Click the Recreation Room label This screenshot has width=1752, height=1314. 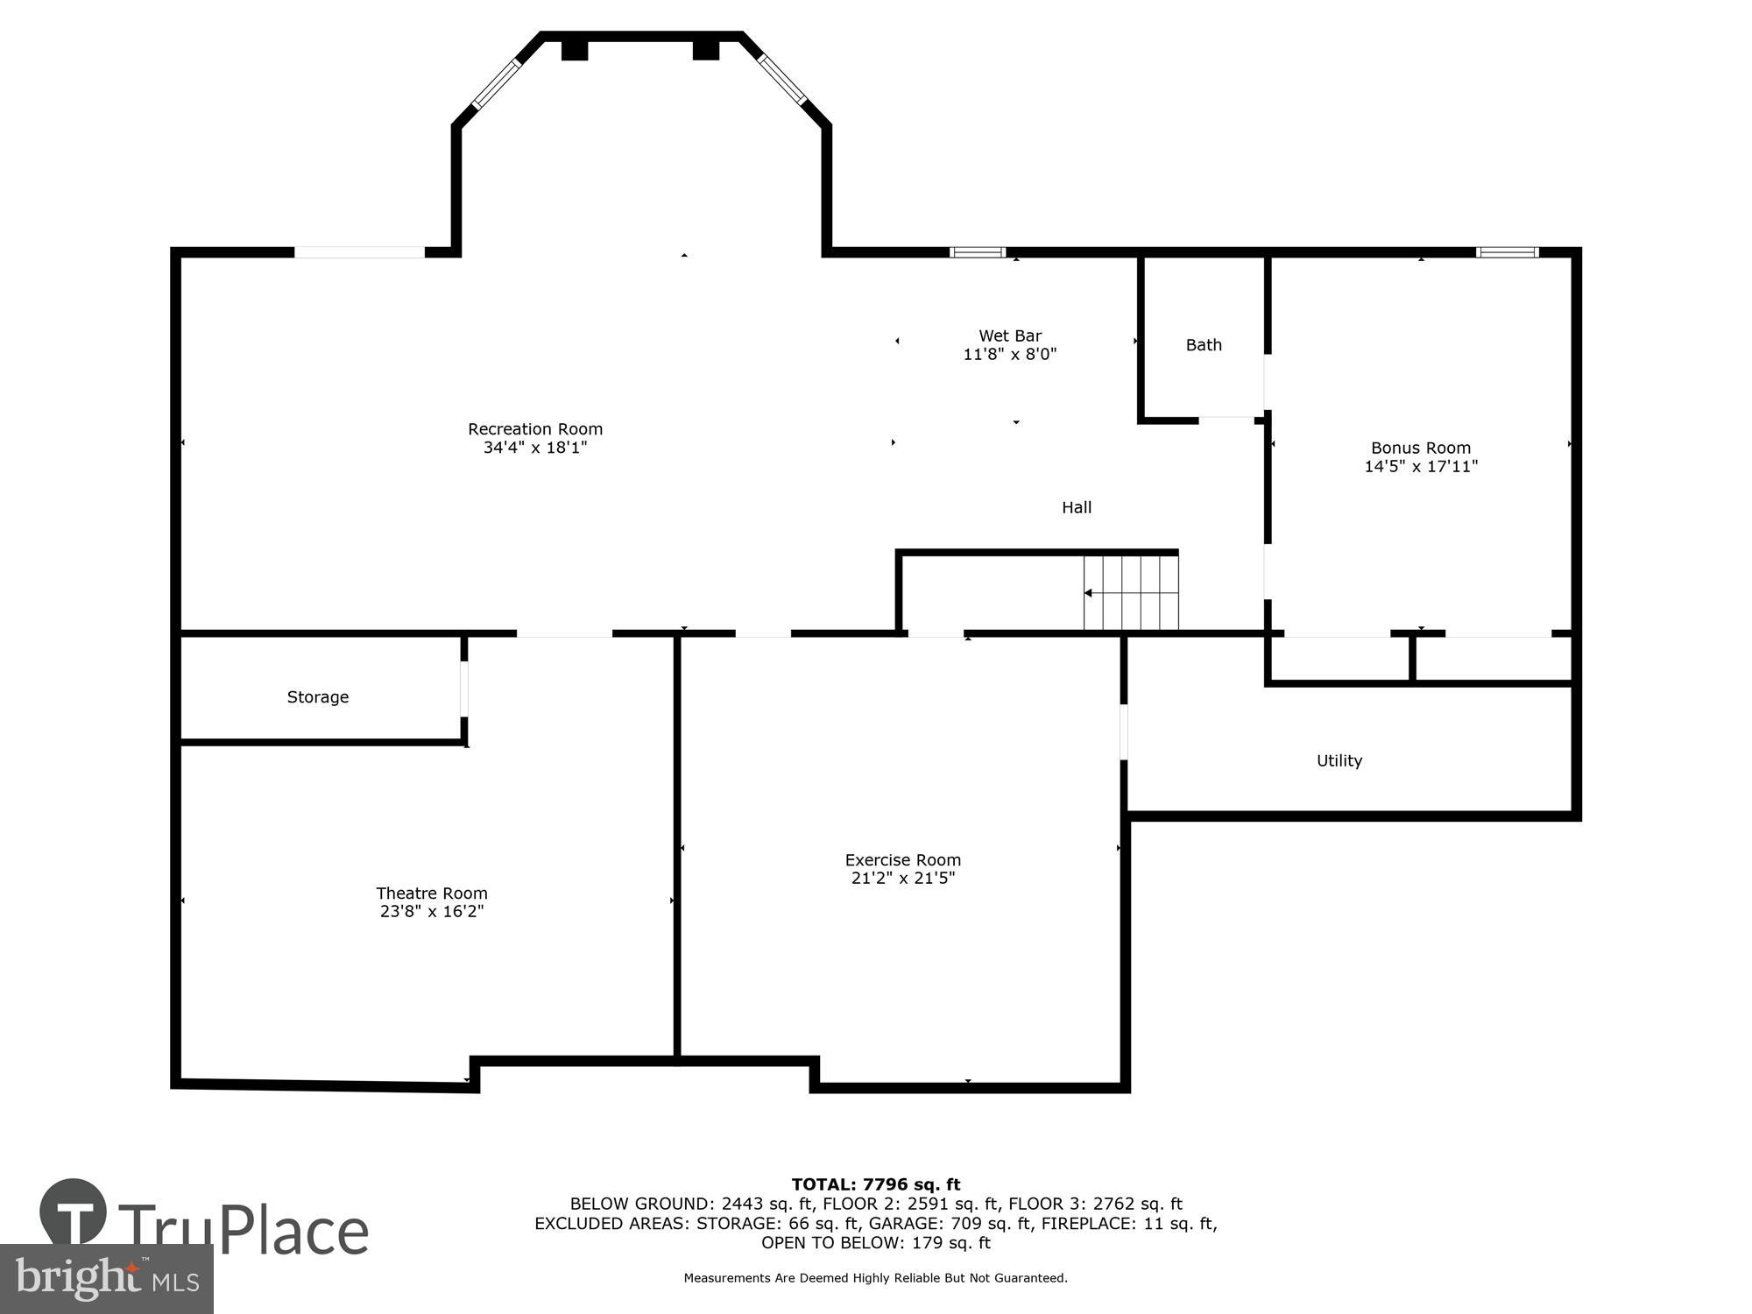[534, 429]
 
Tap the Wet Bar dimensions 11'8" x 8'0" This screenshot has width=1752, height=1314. [1010, 355]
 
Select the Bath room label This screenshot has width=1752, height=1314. [1204, 345]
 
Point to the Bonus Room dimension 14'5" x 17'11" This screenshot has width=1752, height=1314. [1420, 467]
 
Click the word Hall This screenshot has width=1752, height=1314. [1077, 507]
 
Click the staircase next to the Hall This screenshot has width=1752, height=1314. [1131, 593]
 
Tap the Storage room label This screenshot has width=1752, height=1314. [318, 697]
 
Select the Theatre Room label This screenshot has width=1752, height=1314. [432, 894]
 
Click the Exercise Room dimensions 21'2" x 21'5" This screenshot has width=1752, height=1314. [902, 879]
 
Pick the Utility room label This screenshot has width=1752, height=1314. [1339, 761]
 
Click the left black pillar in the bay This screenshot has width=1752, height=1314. [574, 50]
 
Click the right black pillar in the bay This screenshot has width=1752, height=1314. [706, 50]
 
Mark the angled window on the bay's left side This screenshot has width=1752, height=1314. [497, 83]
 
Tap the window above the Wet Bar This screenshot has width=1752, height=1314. [978, 252]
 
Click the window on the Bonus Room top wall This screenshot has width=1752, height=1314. [1507, 252]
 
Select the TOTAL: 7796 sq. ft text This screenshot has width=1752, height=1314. [875, 1185]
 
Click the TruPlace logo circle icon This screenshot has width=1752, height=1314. [74, 1212]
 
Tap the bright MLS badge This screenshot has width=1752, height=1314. [106, 1279]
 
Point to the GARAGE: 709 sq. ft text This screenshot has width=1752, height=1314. [950, 1224]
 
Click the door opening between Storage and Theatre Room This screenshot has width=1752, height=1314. [464, 689]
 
